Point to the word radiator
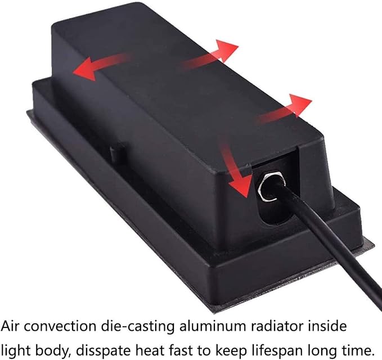[277, 326]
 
